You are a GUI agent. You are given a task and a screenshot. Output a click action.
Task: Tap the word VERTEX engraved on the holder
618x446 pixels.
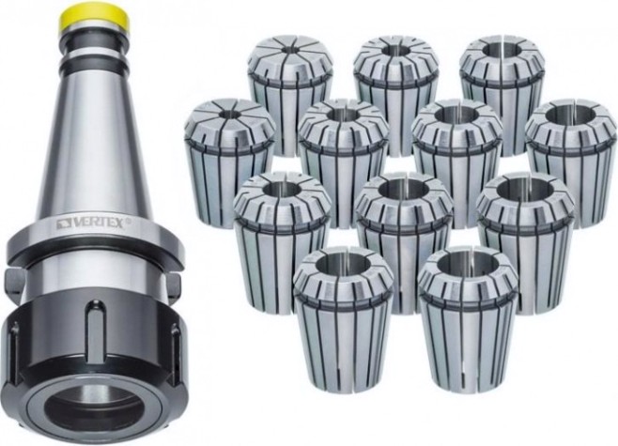[95, 223]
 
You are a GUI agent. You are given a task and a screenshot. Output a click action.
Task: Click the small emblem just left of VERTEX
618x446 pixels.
[62, 224]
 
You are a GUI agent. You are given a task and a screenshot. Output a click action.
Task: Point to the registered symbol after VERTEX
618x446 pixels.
[128, 222]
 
